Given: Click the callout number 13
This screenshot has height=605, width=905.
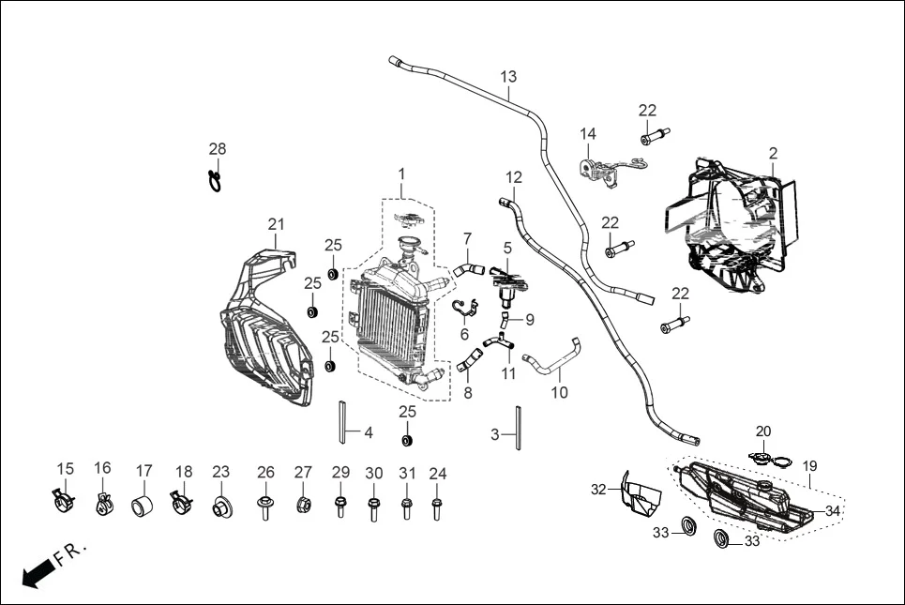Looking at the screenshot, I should click(508, 76).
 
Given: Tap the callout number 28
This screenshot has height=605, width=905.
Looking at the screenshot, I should click(218, 149).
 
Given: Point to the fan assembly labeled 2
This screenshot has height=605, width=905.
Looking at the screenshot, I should click(736, 225).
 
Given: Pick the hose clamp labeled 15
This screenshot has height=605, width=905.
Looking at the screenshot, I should click(64, 504).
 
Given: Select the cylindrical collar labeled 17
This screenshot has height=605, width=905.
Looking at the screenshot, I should click(143, 507).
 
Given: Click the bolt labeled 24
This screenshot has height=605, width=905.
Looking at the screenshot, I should click(437, 507).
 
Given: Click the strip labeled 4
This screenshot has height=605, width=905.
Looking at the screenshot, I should click(344, 422).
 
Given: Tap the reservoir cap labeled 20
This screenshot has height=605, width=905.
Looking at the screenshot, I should click(765, 459).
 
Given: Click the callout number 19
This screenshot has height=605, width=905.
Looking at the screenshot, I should click(809, 465).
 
